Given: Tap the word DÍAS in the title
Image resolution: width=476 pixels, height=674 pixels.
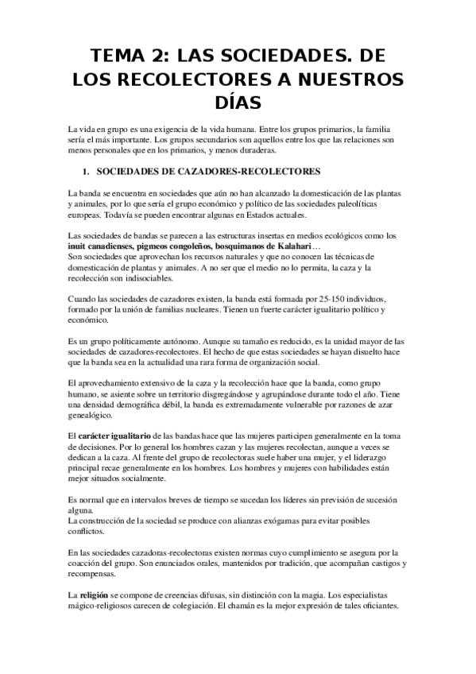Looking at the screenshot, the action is point(238,103).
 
